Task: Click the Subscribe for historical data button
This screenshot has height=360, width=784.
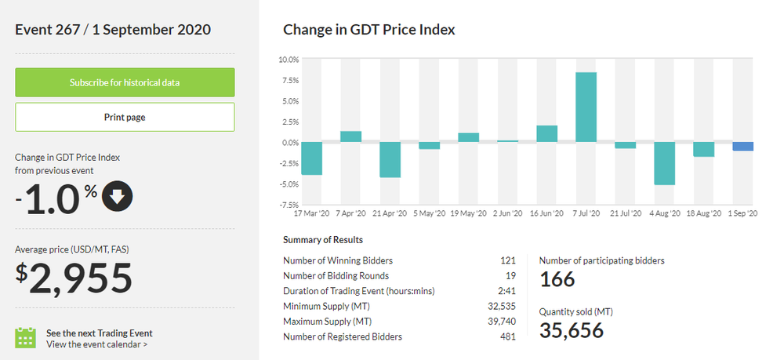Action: [x=125, y=82]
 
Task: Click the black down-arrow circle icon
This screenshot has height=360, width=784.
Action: [x=118, y=199]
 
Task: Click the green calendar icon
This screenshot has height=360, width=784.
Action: [x=26, y=338]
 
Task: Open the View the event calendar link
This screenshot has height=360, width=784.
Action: [x=96, y=344]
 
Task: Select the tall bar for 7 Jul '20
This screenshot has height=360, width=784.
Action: [x=586, y=107]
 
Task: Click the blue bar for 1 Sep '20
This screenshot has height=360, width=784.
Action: [x=743, y=147]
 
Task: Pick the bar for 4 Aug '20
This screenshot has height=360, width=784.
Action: [x=665, y=163]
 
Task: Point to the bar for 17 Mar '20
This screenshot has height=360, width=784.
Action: [x=311, y=158]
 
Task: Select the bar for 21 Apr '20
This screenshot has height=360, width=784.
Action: [x=390, y=160]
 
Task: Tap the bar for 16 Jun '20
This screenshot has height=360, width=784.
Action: [x=547, y=134]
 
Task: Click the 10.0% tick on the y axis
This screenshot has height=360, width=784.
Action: [x=289, y=60]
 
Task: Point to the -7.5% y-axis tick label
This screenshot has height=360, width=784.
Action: [x=288, y=205]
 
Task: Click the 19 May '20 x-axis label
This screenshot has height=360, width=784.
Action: [x=468, y=213]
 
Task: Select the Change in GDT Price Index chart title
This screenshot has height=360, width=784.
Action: [x=368, y=30]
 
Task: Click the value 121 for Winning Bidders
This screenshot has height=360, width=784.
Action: [x=508, y=260]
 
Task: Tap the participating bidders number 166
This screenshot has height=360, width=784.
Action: [x=557, y=279]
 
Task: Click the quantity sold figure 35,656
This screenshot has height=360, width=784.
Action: [x=572, y=330]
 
